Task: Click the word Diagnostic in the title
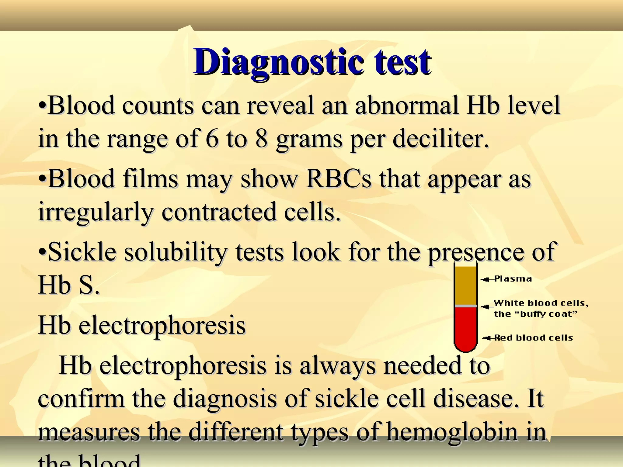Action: [x=278, y=62]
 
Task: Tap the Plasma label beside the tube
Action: [x=513, y=279]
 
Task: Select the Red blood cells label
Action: [x=534, y=338]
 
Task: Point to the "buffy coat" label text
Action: [x=535, y=314]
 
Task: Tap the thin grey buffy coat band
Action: [x=465, y=306]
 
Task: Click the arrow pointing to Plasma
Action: [x=487, y=279]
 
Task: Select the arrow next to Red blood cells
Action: [x=489, y=338]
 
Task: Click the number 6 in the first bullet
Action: [x=212, y=139]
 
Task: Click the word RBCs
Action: [x=339, y=179]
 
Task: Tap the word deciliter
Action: [x=441, y=139]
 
